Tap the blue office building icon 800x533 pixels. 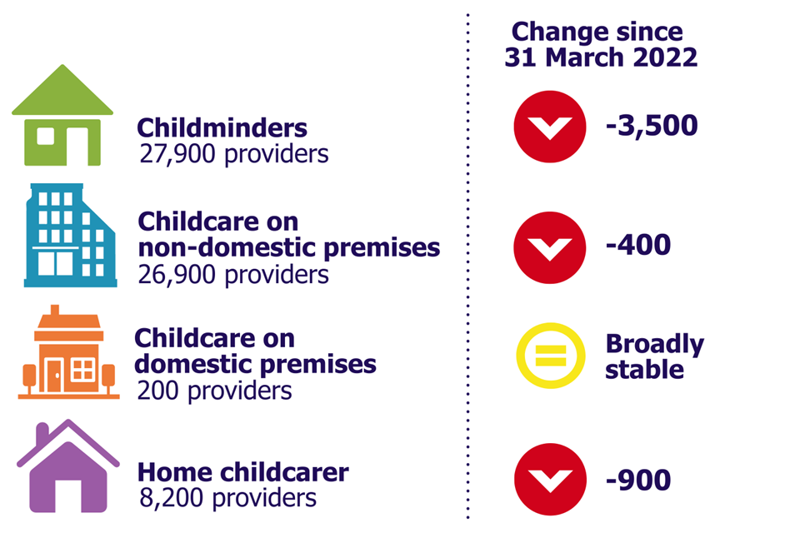point(70,235)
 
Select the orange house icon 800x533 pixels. point(69,352)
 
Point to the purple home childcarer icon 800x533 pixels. point(68,466)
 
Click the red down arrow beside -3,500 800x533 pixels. point(550,127)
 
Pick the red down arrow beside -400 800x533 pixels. point(550,248)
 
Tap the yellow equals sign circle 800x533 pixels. point(551,356)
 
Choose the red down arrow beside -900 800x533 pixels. point(551,480)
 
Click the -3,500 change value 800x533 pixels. point(652,126)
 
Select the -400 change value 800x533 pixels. point(637,245)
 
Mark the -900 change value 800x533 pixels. point(637,480)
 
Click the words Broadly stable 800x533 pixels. point(655,356)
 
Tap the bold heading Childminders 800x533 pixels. point(222,127)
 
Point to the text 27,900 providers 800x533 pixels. point(234,154)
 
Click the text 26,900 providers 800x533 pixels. point(233,274)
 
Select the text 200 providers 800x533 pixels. point(214,391)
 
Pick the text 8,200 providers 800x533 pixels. point(228,498)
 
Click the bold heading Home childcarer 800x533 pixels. point(243,472)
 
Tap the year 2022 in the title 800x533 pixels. point(665,57)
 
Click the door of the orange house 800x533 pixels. point(54,375)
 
